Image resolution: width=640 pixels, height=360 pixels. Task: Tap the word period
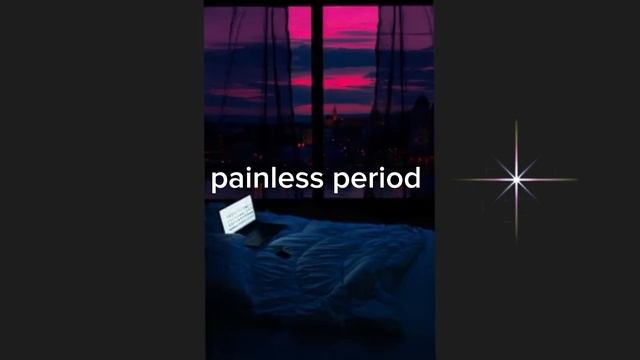tap(376, 180)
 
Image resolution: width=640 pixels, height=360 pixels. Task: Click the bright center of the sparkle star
tap(516, 180)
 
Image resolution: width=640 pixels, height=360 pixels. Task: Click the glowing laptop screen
tap(237, 216)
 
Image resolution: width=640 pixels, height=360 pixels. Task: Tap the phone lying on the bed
tap(283, 251)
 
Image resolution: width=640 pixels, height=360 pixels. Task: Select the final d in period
tap(412, 180)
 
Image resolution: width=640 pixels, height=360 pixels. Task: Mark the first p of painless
tap(217, 183)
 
